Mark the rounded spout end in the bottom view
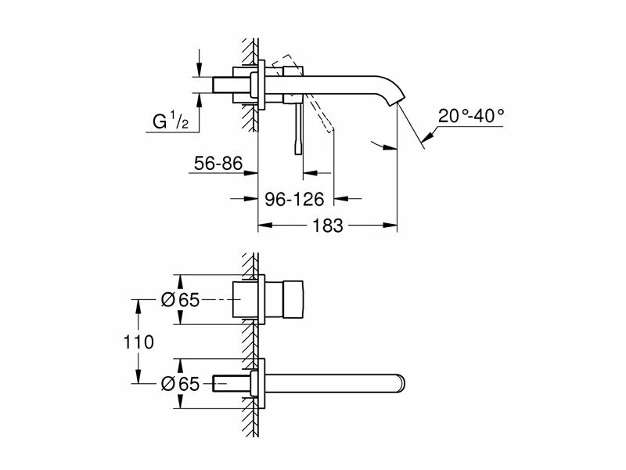[x=401, y=383]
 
